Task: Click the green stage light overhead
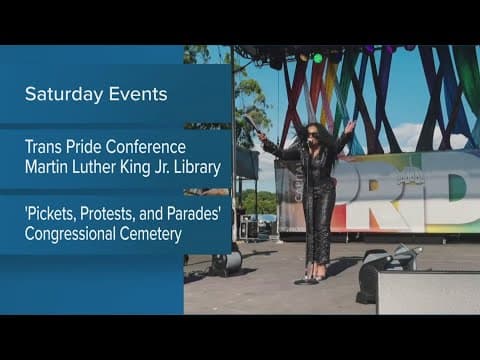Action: click(318, 58)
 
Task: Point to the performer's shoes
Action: click(315, 272)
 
